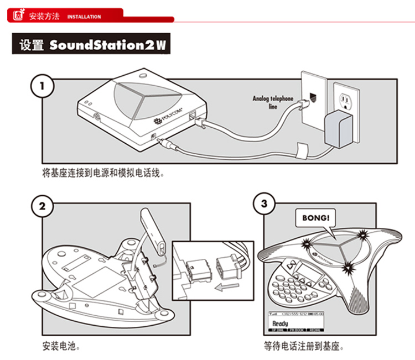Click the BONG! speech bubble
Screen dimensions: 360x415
[315, 217]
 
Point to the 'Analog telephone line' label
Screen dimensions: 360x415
[273, 102]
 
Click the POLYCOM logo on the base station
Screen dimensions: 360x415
[168, 117]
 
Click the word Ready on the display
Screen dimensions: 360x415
[280, 324]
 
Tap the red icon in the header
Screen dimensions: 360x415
[18, 16]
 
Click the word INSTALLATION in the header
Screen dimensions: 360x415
[84, 17]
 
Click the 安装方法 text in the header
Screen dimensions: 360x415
[44, 16]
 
